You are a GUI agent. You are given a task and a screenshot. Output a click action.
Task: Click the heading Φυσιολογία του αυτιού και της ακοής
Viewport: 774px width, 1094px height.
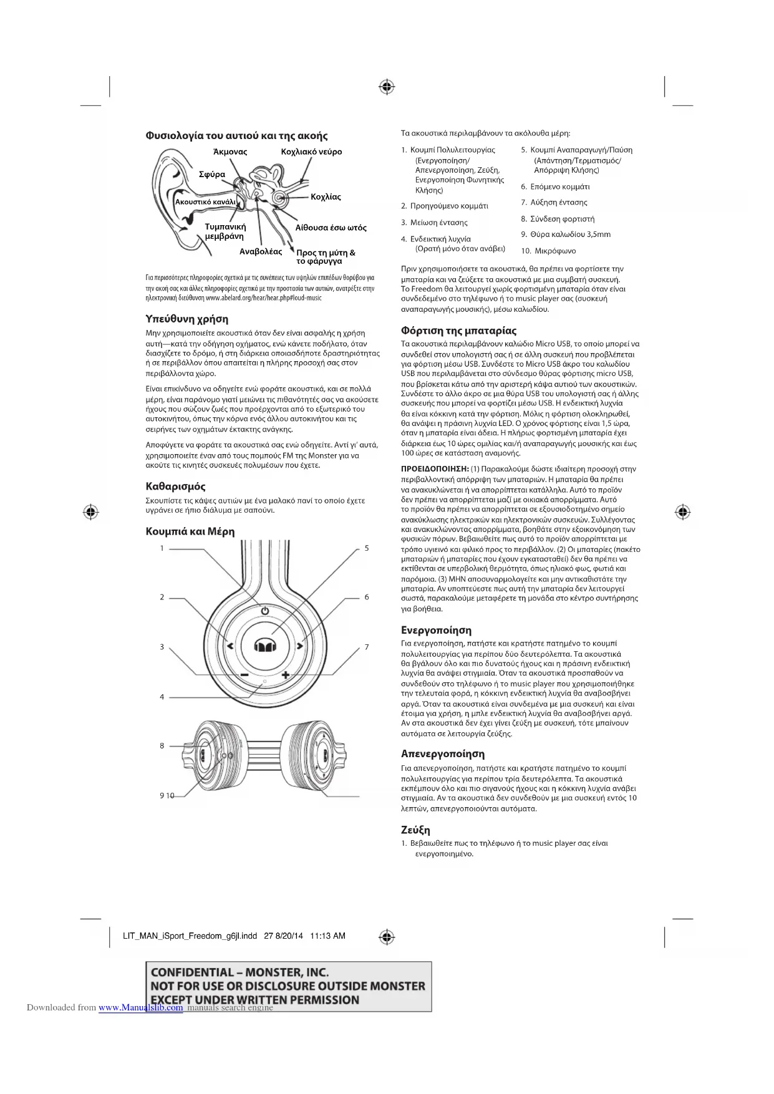236,136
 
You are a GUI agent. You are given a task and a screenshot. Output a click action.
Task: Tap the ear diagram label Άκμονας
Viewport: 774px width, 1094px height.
230,152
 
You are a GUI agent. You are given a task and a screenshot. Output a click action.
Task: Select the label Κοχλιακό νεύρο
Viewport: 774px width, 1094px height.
311,152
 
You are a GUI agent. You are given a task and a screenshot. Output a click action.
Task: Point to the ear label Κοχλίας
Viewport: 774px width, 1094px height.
326,197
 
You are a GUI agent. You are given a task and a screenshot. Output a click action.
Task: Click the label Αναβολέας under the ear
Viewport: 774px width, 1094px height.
261,252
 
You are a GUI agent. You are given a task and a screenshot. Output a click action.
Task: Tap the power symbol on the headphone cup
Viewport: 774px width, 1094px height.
265,611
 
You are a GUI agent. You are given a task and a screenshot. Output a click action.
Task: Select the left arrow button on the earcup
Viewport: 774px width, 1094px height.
230,646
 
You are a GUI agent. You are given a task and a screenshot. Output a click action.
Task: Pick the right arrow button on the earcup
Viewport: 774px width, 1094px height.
300,646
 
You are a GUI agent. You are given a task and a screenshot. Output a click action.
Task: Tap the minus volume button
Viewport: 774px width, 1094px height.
244,675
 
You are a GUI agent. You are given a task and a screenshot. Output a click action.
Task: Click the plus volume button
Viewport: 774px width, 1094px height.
286,675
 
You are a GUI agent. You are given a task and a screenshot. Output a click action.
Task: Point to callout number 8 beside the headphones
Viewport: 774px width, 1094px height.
162,746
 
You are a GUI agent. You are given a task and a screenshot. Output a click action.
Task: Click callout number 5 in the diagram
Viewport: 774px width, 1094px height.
367,548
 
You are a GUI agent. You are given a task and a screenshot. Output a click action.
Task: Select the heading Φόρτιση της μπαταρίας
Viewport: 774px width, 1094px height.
458,331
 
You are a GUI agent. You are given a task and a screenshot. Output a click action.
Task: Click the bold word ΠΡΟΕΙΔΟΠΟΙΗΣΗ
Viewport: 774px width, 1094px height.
435,469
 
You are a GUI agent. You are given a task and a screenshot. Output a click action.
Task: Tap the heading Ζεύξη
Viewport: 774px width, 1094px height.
415,830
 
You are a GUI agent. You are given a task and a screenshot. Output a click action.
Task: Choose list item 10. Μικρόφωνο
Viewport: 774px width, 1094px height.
549,251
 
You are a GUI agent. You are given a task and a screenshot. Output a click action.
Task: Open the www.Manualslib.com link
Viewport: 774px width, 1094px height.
141,1007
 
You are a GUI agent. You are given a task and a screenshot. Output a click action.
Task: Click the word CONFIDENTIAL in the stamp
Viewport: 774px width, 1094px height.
191,972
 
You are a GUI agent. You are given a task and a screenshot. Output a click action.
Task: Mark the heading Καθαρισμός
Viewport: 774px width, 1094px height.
175,486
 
